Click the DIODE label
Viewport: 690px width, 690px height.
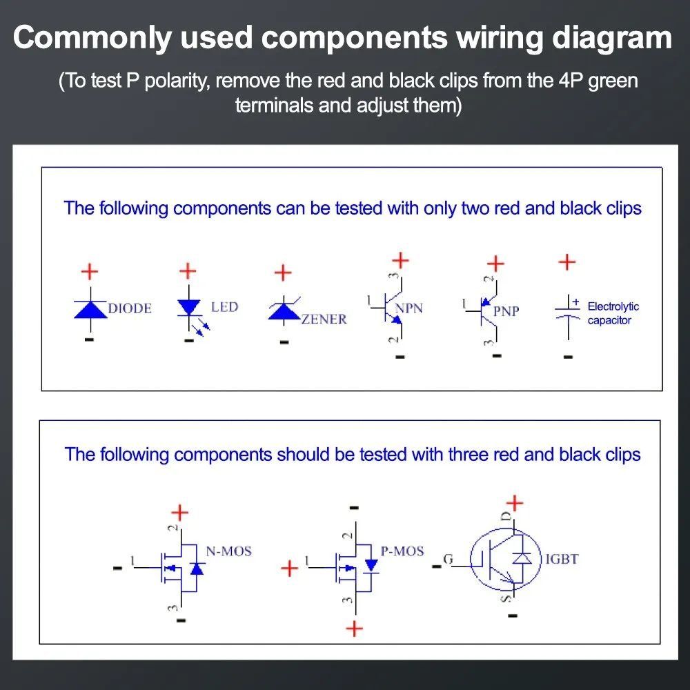tap(130, 308)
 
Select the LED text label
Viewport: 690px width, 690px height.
tap(224, 307)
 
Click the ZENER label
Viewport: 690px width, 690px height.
tap(324, 319)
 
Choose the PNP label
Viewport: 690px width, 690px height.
tap(506, 311)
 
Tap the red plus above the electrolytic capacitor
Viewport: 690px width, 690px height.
tap(566, 262)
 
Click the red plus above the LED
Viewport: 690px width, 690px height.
tap(188, 271)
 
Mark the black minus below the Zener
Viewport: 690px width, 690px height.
tap(284, 342)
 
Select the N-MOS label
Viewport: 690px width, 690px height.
tap(229, 551)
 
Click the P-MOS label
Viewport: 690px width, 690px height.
tap(402, 551)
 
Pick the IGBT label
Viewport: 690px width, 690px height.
tap(562, 559)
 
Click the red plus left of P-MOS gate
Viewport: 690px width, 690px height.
tap(290, 569)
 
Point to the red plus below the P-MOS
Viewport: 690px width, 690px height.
tap(354, 629)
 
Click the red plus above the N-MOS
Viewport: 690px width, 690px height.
tap(179, 513)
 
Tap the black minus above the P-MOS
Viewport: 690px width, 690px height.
tap(354, 508)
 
